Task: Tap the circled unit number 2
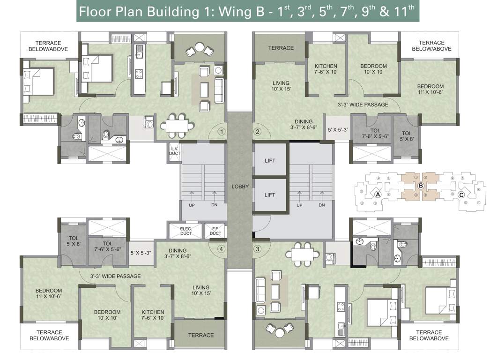pyautogui.click(x=257, y=132)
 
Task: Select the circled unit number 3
pyautogui.click(x=257, y=249)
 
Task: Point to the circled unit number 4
pyautogui.click(x=221, y=249)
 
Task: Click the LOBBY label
pyautogui.click(x=240, y=187)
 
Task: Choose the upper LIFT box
pyautogui.click(x=269, y=161)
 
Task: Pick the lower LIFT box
pyautogui.click(x=269, y=195)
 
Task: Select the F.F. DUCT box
pyautogui.click(x=215, y=231)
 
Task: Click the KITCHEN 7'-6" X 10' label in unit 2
pyautogui.click(x=326, y=69)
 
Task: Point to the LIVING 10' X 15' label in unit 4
pyautogui.click(x=200, y=291)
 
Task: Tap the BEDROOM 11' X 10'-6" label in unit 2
pyautogui.click(x=430, y=90)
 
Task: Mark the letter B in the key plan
pyautogui.click(x=421, y=186)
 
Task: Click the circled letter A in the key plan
pyautogui.click(x=378, y=194)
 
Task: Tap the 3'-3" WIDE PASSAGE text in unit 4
pyautogui.click(x=115, y=277)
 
